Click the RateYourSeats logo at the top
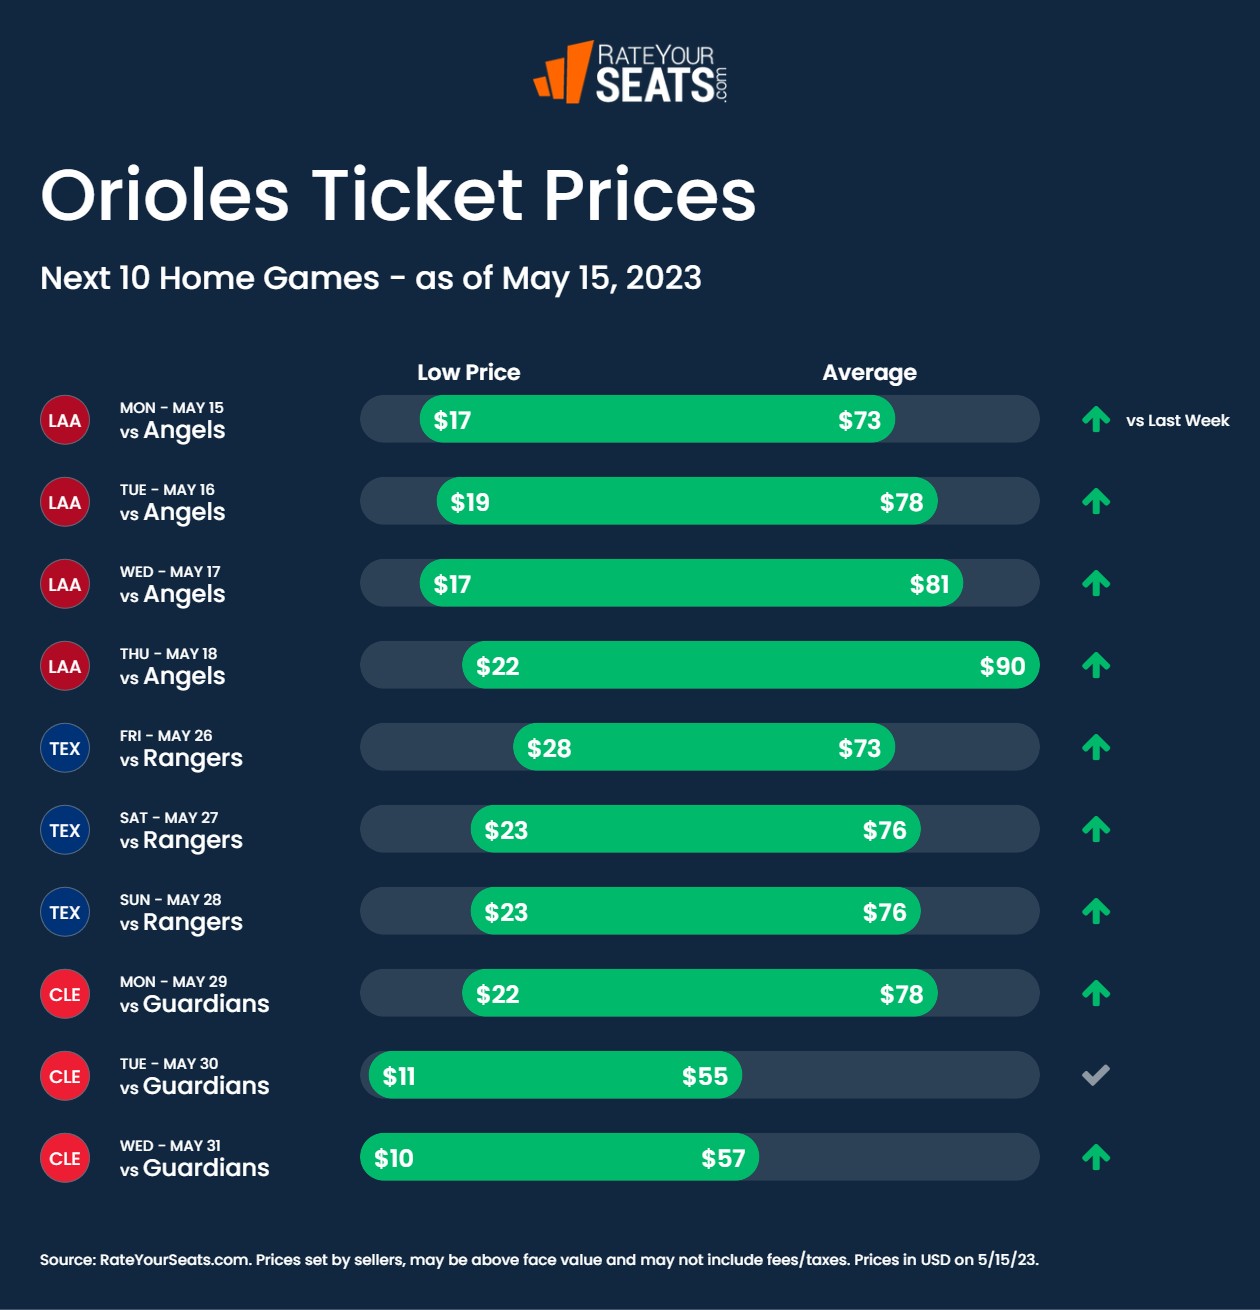pyautogui.click(x=630, y=72)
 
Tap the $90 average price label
pyautogui.click(x=1002, y=666)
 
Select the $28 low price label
pyautogui.click(x=549, y=748)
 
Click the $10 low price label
pyautogui.click(x=394, y=1158)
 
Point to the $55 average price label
pyautogui.click(x=705, y=1076)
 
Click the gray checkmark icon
pyautogui.click(x=1096, y=1075)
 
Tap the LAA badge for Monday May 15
pyautogui.click(x=65, y=420)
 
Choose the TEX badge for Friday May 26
pyautogui.click(x=65, y=748)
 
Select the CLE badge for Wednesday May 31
pyautogui.click(x=65, y=1158)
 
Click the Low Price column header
pyautogui.click(x=468, y=372)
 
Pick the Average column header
pyautogui.click(x=869, y=372)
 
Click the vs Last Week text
pyautogui.click(x=1177, y=420)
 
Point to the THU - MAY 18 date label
pyautogui.click(x=168, y=653)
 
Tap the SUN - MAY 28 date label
pyautogui.click(x=170, y=899)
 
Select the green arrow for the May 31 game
pyautogui.click(x=1096, y=1157)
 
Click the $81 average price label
pyautogui.click(x=929, y=584)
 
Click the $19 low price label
pyautogui.click(x=470, y=502)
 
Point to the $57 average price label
pyautogui.click(x=723, y=1158)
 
